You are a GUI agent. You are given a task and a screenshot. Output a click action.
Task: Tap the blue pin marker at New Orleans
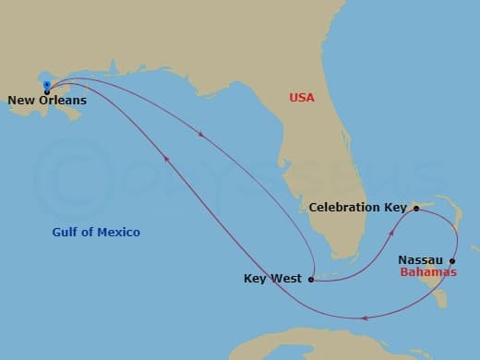[46, 87]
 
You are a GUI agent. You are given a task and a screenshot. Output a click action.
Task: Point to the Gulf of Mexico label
[96, 232]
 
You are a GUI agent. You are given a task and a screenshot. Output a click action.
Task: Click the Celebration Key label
[357, 208]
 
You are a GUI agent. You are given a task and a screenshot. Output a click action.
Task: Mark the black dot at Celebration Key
[416, 209]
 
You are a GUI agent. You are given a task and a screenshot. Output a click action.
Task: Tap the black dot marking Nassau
[452, 260]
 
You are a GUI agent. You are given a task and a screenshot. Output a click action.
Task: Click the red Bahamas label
[428, 273]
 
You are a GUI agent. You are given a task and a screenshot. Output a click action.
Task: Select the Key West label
[273, 279]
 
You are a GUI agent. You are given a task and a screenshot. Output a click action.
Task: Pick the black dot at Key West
[311, 279]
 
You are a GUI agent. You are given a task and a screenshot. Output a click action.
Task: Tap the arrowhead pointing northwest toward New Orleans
[166, 159]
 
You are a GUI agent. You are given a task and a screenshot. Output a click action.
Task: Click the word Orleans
[62, 101]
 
